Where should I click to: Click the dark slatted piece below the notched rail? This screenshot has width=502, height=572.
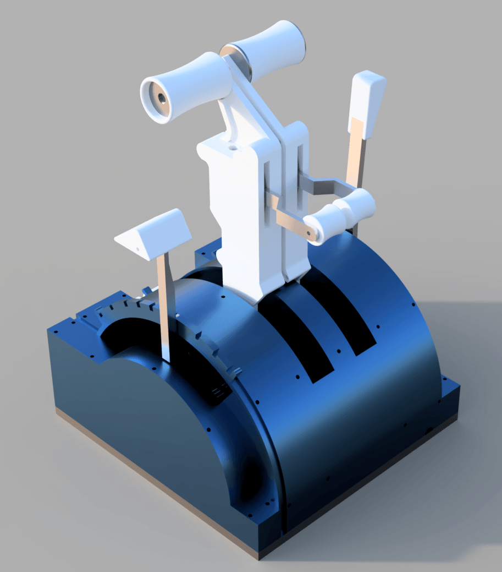click(220, 391)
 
